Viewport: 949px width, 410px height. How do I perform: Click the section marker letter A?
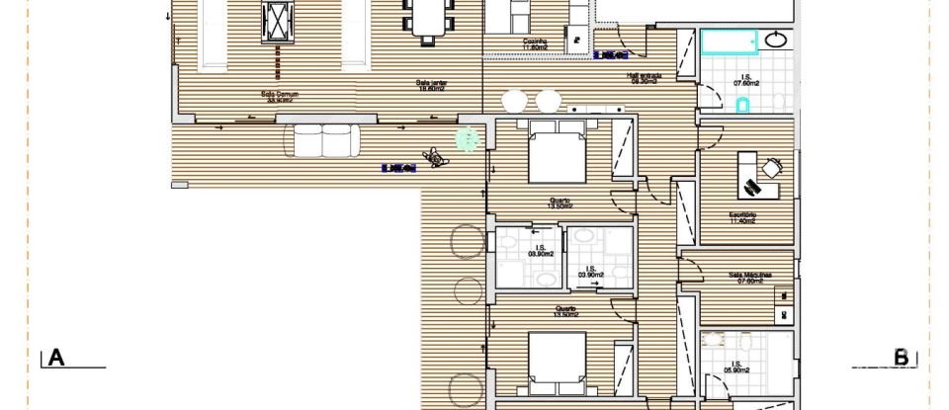pos(55,358)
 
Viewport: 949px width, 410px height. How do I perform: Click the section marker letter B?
pos(901,357)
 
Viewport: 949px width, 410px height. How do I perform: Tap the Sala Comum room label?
pos(280,97)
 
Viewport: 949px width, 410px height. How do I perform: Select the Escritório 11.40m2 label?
pos(743,217)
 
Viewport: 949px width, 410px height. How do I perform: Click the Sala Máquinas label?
pos(748,277)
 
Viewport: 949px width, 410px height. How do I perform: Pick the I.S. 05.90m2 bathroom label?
pos(734,368)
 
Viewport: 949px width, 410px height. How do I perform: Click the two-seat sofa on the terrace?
pos(321,140)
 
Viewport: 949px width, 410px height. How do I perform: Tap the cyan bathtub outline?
pos(730,41)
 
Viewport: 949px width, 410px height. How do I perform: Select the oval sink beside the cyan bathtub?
pos(777,41)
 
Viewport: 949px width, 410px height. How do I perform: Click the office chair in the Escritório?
pos(752,184)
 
